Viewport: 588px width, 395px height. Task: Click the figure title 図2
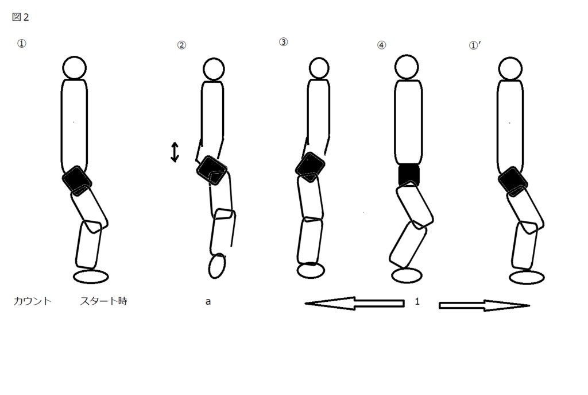[x=20, y=17]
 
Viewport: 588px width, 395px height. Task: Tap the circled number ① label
[x=22, y=44]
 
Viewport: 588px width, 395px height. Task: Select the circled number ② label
[x=181, y=45]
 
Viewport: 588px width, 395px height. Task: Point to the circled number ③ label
[x=284, y=42]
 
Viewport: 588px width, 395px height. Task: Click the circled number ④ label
[x=381, y=45]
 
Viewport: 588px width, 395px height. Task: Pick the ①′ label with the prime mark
[x=475, y=45]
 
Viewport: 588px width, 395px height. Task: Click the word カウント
[x=32, y=301]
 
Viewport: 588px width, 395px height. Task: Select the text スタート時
[x=103, y=301]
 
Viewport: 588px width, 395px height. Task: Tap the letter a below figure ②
[x=208, y=301]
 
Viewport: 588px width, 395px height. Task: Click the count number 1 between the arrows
[x=417, y=301]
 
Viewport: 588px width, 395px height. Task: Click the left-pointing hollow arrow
[x=354, y=304]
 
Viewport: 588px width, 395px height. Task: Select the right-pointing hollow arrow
[x=484, y=305]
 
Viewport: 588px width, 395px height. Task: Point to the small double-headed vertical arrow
[x=175, y=152]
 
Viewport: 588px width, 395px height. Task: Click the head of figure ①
[x=74, y=68]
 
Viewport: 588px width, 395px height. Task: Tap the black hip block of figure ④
[x=409, y=174]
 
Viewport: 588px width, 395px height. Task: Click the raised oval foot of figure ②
[x=216, y=266]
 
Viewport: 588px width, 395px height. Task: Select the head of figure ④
[x=407, y=67]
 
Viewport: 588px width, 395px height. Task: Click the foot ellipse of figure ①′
[x=527, y=277]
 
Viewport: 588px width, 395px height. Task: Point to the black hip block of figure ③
[x=310, y=167]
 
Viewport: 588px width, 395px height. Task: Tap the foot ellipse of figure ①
[x=91, y=277]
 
